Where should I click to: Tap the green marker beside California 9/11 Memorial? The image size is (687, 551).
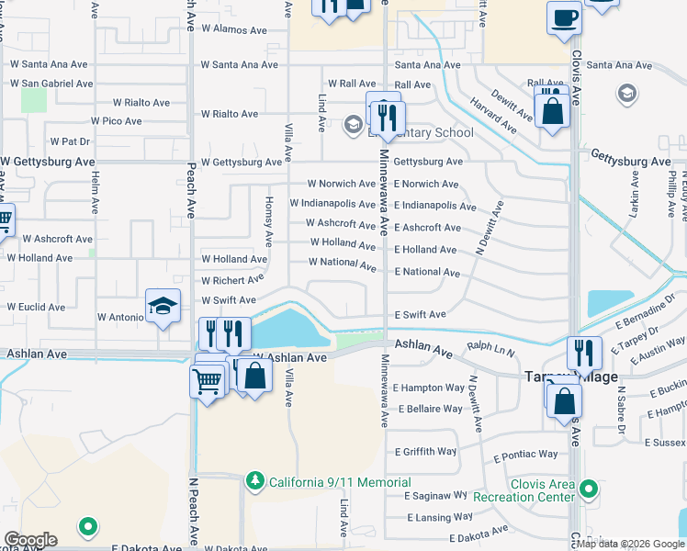click(255, 481)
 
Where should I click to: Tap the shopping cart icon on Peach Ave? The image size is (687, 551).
click(208, 379)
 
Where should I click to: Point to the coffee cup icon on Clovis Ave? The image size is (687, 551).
click(563, 17)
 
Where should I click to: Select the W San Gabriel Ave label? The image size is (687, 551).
click(51, 84)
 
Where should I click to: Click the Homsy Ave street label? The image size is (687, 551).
click(269, 220)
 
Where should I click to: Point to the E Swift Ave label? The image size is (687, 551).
click(420, 315)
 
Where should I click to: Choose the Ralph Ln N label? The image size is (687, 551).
click(490, 349)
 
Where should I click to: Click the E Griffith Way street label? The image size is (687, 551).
click(425, 452)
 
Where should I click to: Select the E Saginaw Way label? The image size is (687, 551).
click(436, 495)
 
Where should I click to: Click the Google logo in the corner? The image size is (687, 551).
click(30, 540)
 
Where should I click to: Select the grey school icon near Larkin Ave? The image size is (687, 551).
click(628, 94)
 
